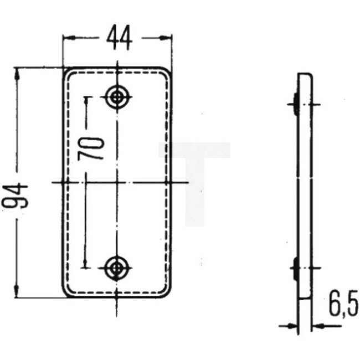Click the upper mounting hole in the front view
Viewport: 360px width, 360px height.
click(117, 97)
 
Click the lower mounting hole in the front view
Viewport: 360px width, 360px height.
click(117, 268)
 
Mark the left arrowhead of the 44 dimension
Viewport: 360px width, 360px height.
click(68, 38)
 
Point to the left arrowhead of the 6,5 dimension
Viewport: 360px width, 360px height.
click(294, 326)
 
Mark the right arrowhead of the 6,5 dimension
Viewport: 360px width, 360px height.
click(316, 326)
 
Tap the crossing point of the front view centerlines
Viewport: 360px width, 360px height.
click(117, 182)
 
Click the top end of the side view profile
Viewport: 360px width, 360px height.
click(305, 74)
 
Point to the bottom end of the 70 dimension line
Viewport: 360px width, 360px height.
click(85, 264)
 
